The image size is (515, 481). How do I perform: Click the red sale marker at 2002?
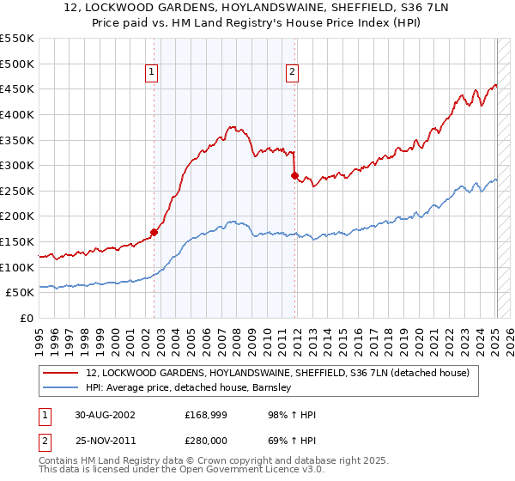click(154, 232)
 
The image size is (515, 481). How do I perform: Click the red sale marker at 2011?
click(295, 175)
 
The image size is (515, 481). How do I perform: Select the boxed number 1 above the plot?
click(151, 73)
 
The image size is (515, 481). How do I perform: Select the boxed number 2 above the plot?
click(293, 73)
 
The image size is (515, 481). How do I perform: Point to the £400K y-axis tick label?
click(17, 114)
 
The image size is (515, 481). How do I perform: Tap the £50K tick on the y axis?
click(20, 293)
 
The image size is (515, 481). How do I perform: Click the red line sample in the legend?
click(62, 374)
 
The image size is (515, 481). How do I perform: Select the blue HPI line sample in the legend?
click(62, 388)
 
